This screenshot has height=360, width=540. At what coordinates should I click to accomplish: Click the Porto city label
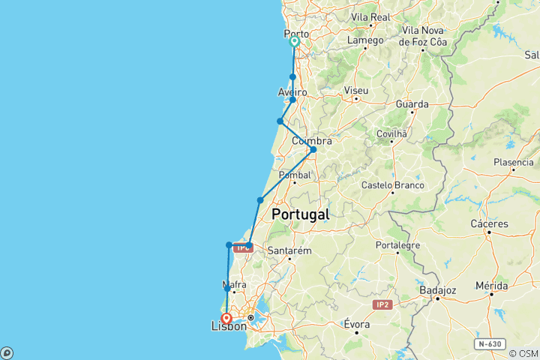(x=296, y=34)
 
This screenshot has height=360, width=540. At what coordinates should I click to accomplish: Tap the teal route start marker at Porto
(x=295, y=43)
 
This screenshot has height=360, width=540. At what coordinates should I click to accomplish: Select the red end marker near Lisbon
(x=225, y=318)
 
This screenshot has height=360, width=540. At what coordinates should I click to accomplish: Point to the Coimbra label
(x=311, y=140)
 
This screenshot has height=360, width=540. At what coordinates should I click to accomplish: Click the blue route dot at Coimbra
(x=313, y=149)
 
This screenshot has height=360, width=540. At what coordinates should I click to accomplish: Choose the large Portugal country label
(x=300, y=214)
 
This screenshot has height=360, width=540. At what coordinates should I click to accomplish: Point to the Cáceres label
(x=490, y=223)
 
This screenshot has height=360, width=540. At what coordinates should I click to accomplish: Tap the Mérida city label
(x=492, y=286)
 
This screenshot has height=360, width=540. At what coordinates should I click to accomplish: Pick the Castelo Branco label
(x=392, y=184)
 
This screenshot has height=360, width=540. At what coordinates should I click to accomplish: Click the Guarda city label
(x=412, y=104)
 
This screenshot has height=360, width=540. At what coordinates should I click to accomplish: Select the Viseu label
(x=355, y=91)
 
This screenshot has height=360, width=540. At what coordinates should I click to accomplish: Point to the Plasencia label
(x=514, y=162)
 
